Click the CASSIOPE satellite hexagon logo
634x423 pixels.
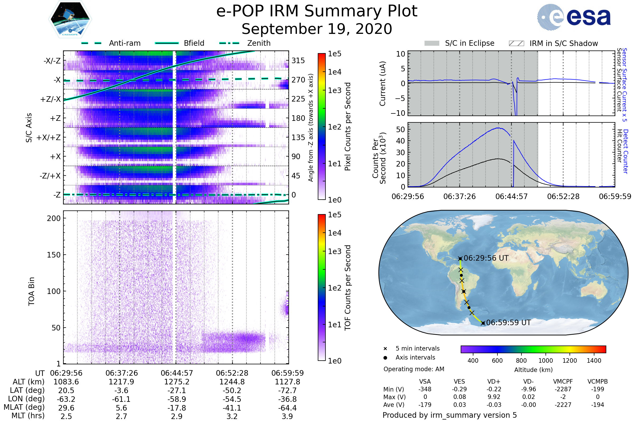tap(70, 19)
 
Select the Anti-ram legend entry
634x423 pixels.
tap(111, 43)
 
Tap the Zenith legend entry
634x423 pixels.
tap(245, 43)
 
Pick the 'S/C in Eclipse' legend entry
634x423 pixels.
tap(459, 43)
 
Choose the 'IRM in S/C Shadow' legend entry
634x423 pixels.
tap(553, 43)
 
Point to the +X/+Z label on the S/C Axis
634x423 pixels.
tap(49, 137)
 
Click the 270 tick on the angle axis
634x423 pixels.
tap(298, 80)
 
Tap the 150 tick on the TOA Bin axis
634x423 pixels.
tap(54, 255)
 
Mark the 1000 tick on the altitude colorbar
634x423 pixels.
tap(546, 361)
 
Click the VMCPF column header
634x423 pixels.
tap(563, 381)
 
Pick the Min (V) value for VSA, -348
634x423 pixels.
tap(425, 389)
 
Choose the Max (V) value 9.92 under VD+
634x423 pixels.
tap(494, 397)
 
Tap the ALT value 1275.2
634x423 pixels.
tap(177, 382)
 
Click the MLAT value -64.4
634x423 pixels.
tap(287, 408)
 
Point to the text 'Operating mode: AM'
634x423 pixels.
tap(414, 369)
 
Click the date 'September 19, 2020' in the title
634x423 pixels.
tap(317, 29)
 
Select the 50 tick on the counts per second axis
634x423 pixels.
tap(401, 130)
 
